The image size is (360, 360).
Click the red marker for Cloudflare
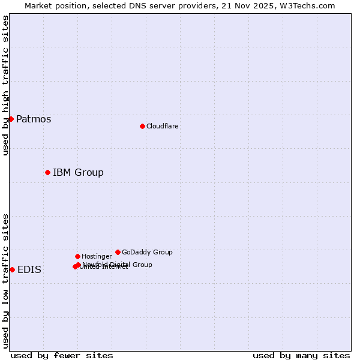pos(142,126)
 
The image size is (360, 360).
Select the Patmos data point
pos(11,119)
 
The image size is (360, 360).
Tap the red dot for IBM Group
pos(47,172)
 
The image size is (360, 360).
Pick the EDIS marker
pos(12,269)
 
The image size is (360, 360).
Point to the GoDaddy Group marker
pos(118,252)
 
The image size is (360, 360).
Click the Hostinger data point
pos(77,256)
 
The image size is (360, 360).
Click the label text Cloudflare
pos(163,126)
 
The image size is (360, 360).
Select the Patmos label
pos(34,119)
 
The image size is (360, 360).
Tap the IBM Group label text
pos(78,172)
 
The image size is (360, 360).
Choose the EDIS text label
pos(29,269)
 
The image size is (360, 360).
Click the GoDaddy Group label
pos(147,252)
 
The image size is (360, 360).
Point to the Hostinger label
pos(97,256)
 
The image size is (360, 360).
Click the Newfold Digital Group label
pos(118,264)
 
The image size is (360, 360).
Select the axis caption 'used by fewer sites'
pos(62,355)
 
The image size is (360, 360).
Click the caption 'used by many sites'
pos(301,355)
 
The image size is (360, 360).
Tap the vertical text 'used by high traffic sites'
pos(5,85)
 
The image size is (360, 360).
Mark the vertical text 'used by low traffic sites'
pos(5,281)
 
